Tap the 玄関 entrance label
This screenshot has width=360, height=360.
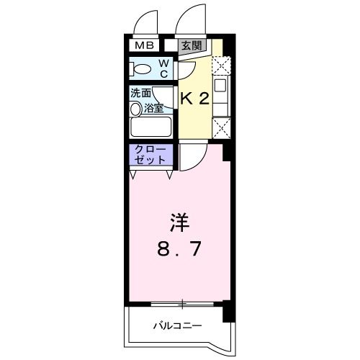192,45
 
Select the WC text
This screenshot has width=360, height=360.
163,68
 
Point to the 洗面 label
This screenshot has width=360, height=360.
140,94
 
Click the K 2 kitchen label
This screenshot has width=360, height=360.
194,99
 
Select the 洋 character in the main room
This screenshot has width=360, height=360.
180,222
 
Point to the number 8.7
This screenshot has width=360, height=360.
180,250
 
